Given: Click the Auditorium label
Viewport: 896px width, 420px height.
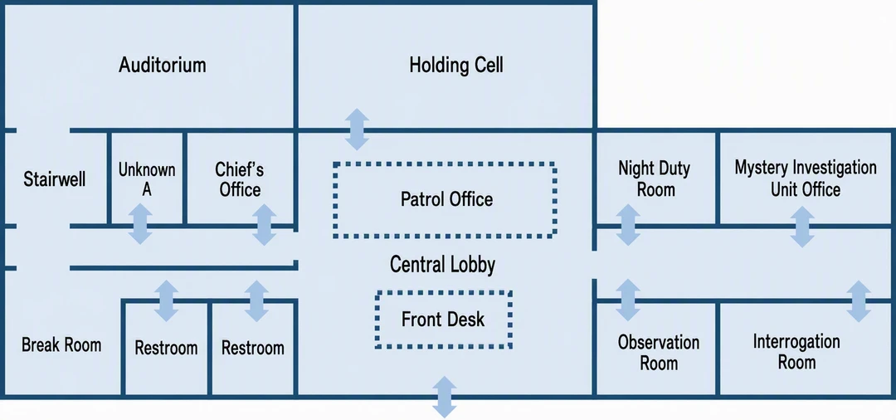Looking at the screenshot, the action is (x=163, y=65).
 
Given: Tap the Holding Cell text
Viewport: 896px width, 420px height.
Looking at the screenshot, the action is (x=456, y=65).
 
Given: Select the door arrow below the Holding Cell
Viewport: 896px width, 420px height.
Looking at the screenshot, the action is (x=357, y=129).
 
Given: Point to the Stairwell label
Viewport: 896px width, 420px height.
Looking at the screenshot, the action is (x=54, y=179).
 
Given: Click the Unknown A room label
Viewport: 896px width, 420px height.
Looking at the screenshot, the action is (x=147, y=179).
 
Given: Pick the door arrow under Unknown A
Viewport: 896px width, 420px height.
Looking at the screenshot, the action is (x=140, y=224).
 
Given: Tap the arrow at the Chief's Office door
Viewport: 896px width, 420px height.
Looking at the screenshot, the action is (x=264, y=225).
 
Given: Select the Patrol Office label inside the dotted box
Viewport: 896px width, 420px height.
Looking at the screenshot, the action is (x=447, y=199).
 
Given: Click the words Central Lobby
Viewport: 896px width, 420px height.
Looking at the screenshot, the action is (x=442, y=265).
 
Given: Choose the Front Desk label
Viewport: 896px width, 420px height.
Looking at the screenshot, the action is (x=443, y=319).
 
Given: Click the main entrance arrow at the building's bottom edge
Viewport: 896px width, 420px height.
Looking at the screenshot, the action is (x=444, y=397).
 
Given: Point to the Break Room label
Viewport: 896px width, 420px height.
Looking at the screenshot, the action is (x=61, y=344).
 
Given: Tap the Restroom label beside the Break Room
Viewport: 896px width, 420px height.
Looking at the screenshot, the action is (x=166, y=348).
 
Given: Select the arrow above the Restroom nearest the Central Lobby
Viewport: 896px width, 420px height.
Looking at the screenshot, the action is (x=256, y=300).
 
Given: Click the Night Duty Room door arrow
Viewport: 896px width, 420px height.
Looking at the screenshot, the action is (x=628, y=225).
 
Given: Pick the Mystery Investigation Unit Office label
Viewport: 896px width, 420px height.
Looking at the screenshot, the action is (x=806, y=178).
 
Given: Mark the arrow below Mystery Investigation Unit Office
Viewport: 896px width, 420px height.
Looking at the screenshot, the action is (x=802, y=227).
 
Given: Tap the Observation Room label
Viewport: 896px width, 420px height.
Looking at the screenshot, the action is (x=658, y=353).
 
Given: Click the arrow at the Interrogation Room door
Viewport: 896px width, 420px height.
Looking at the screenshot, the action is (x=859, y=301).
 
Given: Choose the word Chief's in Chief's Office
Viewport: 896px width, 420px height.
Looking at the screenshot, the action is (x=240, y=169).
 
